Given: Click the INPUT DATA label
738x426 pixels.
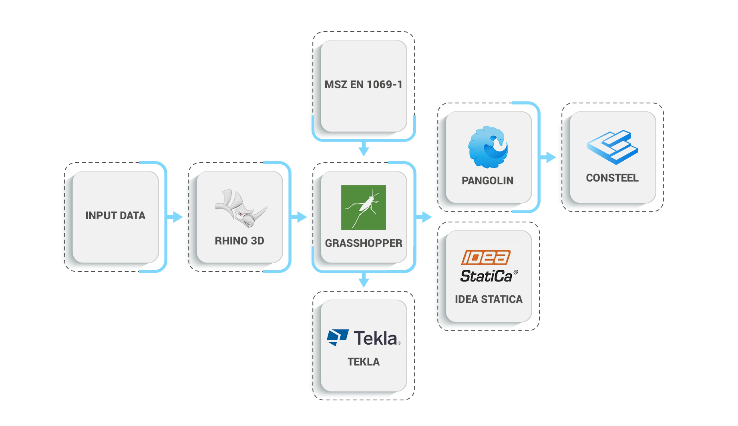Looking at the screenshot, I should click(115, 216).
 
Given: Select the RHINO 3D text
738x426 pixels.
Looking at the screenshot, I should click(239, 241).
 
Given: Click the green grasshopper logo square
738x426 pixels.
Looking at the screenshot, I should click(363, 207).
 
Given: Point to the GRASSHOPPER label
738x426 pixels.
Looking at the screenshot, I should click(363, 243).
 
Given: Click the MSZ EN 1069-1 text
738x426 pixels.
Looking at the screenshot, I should click(363, 85).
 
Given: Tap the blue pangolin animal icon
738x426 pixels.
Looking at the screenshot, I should click(488, 147).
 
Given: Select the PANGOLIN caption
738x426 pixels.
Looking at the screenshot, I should click(487, 181).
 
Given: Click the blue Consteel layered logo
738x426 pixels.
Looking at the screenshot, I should click(612, 147).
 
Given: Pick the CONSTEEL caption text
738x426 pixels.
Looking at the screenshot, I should click(612, 178).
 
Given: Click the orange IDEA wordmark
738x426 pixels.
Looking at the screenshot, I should click(486, 258).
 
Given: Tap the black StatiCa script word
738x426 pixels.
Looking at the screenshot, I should click(486, 276).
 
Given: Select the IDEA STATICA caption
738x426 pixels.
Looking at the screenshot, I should click(489, 299).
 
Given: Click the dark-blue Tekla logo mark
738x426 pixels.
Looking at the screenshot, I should click(337, 337).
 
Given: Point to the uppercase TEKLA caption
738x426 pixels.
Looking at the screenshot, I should click(363, 362).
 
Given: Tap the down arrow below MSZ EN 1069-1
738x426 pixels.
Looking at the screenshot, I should click(363, 149).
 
